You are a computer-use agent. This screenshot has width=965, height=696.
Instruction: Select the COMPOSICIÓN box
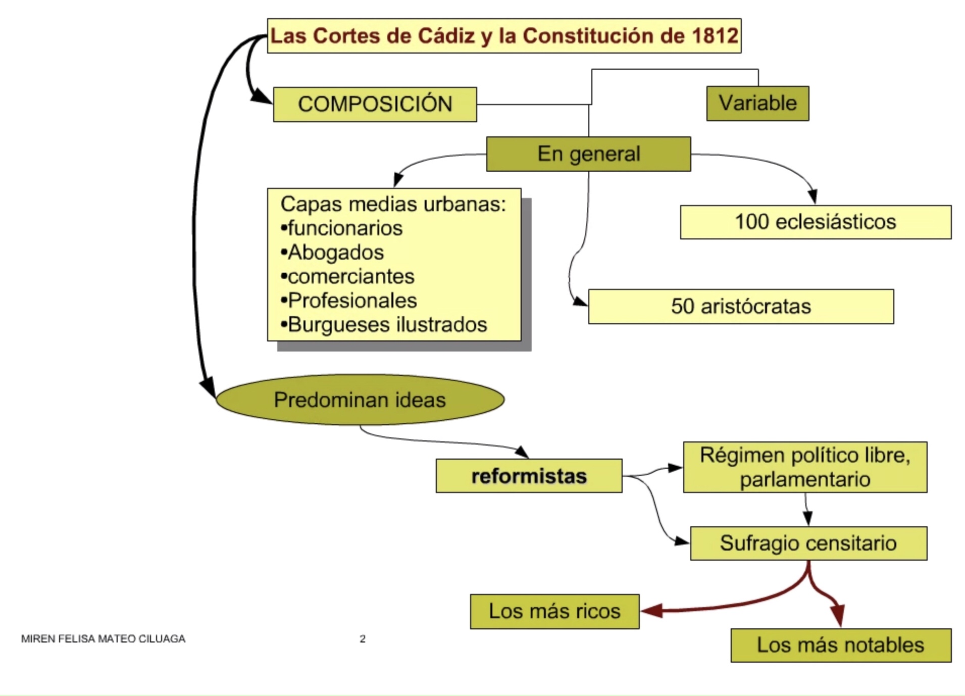(x=375, y=105)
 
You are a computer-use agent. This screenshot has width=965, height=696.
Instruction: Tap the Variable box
(x=757, y=104)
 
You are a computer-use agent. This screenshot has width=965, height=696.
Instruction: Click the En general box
(x=588, y=154)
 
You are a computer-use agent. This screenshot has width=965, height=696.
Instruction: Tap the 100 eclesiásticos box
(x=816, y=222)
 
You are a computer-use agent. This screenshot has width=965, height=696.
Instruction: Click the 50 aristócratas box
(x=741, y=307)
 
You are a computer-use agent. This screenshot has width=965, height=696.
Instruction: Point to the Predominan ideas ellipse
(x=360, y=400)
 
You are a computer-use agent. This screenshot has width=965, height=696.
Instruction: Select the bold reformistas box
(x=529, y=476)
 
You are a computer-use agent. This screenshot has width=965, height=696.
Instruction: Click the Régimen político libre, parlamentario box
(x=805, y=467)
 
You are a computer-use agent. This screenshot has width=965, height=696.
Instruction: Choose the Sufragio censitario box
(x=808, y=543)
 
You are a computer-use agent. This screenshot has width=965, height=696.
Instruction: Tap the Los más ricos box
(x=554, y=612)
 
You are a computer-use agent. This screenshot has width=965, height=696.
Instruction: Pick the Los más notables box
(x=841, y=645)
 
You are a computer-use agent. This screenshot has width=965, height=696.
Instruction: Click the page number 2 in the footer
(x=363, y=639)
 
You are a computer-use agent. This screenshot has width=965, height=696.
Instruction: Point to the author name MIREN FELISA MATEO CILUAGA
(x=103, y=639)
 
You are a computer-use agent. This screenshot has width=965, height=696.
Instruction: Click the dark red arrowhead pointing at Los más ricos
(x=651, y=611)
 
